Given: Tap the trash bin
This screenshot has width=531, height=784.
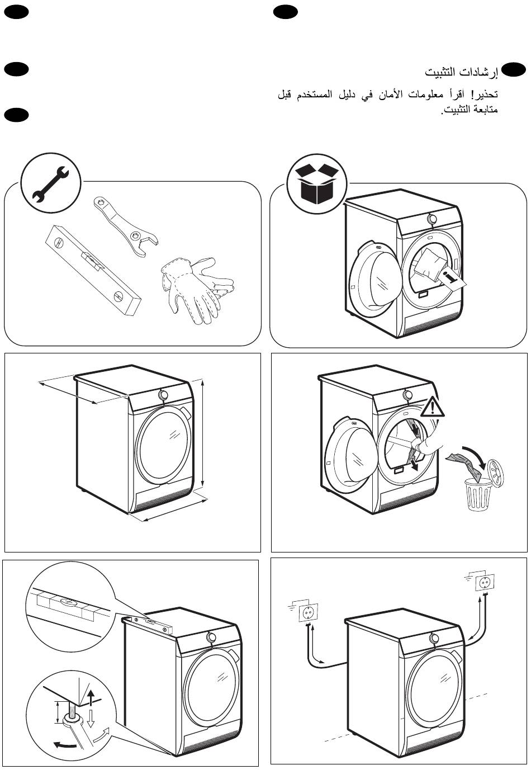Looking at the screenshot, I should (479, 494).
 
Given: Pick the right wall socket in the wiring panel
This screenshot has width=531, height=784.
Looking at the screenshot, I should (483, 583).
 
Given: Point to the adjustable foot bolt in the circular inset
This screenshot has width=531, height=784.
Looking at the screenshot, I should (73, 715).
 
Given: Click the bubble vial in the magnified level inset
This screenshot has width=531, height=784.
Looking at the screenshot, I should (67, 603).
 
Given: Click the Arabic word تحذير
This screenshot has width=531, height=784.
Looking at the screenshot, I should (485, 94).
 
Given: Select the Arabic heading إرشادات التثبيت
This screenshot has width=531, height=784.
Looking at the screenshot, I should (461, 73).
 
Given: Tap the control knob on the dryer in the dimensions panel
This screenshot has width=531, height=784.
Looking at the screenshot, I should (163, 395).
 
